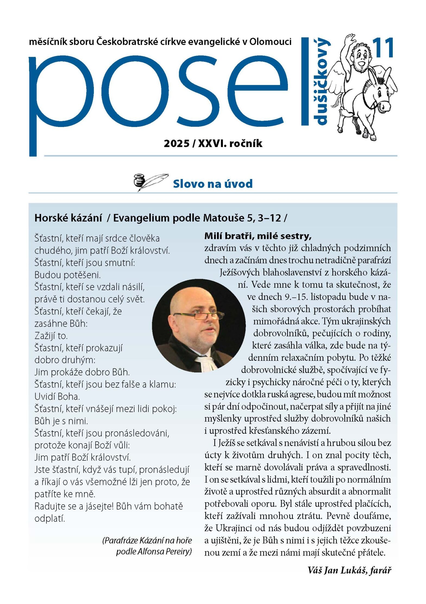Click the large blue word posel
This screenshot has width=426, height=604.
[158, 92]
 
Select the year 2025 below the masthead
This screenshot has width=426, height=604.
[177, 143]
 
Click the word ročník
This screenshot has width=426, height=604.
[246, 143]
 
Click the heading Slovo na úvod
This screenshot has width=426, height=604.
[213, 184]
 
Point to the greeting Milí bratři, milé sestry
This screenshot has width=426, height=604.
[258, 236]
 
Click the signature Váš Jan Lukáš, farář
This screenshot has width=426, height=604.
[349, 570]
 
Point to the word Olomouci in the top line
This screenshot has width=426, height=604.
[270, 42]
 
